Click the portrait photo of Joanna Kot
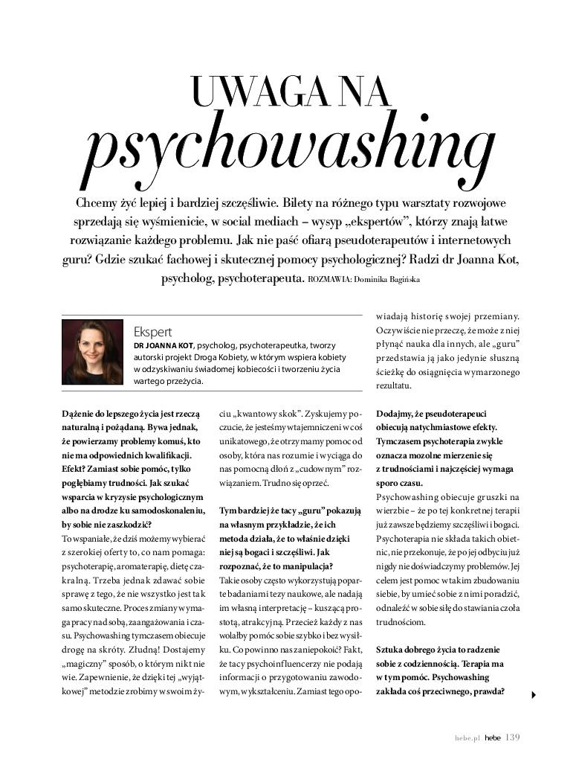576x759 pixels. tap(92, 352)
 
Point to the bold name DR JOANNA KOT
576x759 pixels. tap(164, 345)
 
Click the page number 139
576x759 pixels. tap(513, 737)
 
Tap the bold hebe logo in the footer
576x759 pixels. tap(493, 738)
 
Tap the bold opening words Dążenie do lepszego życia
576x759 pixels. tap(112, 411)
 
